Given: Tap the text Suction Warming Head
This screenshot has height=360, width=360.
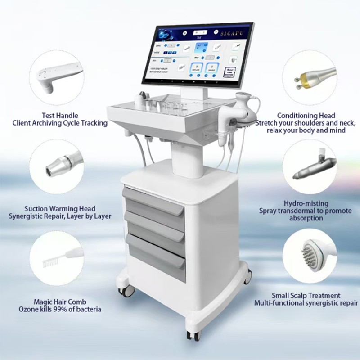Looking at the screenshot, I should tap(60, 209).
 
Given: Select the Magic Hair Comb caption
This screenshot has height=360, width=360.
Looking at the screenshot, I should tap(60, 301).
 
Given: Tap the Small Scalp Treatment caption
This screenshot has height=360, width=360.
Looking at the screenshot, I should tap(306, 296).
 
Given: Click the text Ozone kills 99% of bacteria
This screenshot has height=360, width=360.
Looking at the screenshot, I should tap(60, 309).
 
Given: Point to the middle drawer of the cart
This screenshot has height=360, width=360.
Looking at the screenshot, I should tap(155, 230).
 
